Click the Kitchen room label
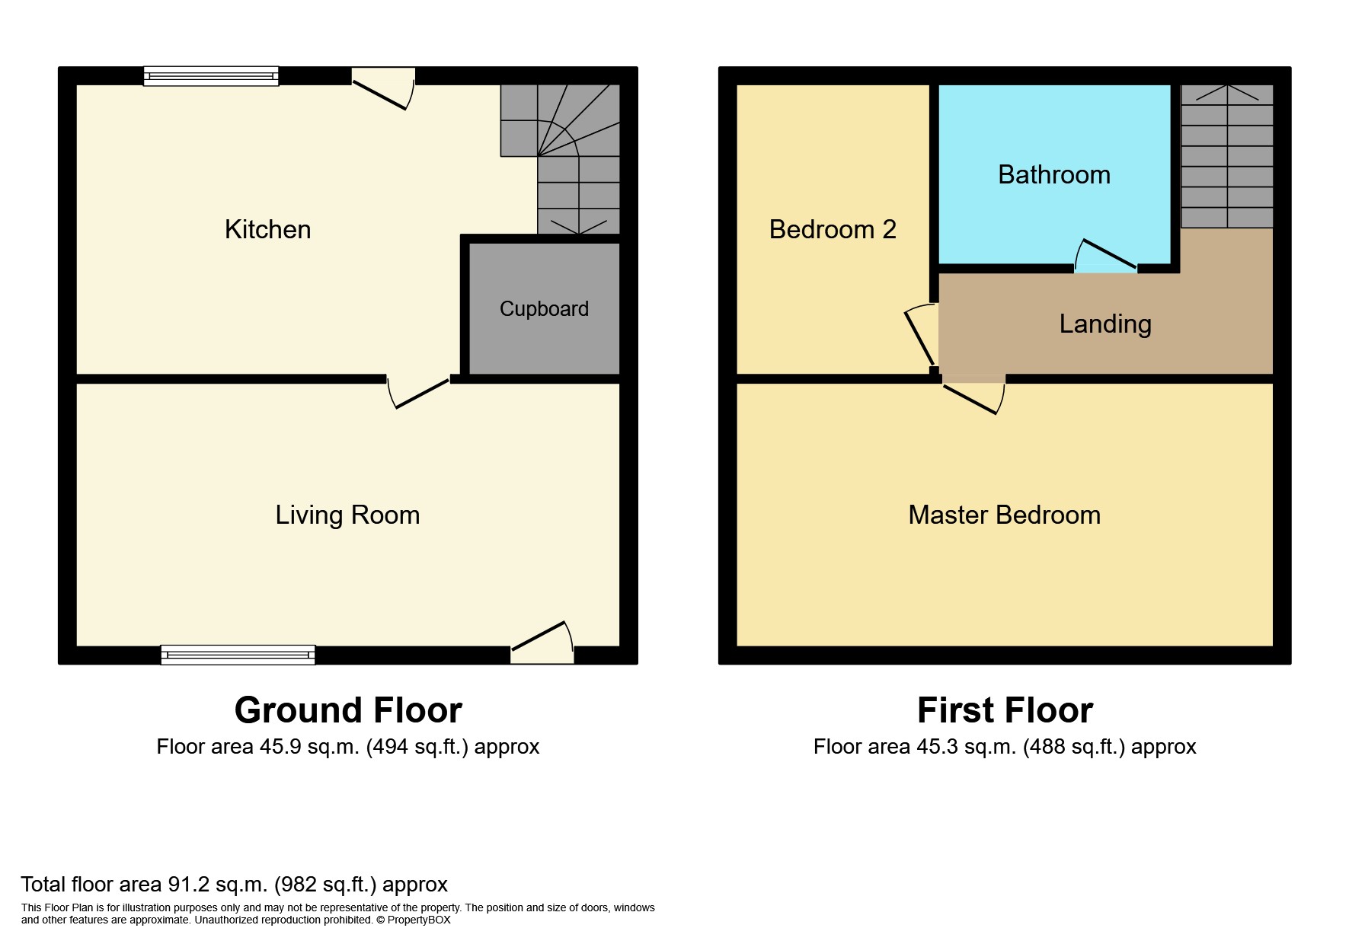pos(267,230)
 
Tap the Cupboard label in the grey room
pos(544,309)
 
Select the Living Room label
pos(347,515)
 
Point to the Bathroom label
pos(1053,175)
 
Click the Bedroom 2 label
pos(832,230)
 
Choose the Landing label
pos(1104,324)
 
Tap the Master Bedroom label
pos(1004,515)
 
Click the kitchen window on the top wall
pos(211,76)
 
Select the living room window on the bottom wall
pos(238,655)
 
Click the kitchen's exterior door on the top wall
pos(383,88)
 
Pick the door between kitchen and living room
pos(418,391)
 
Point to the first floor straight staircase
pos(1226,156)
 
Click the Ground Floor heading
pos(348,710)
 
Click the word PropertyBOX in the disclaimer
pos(419,920)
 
